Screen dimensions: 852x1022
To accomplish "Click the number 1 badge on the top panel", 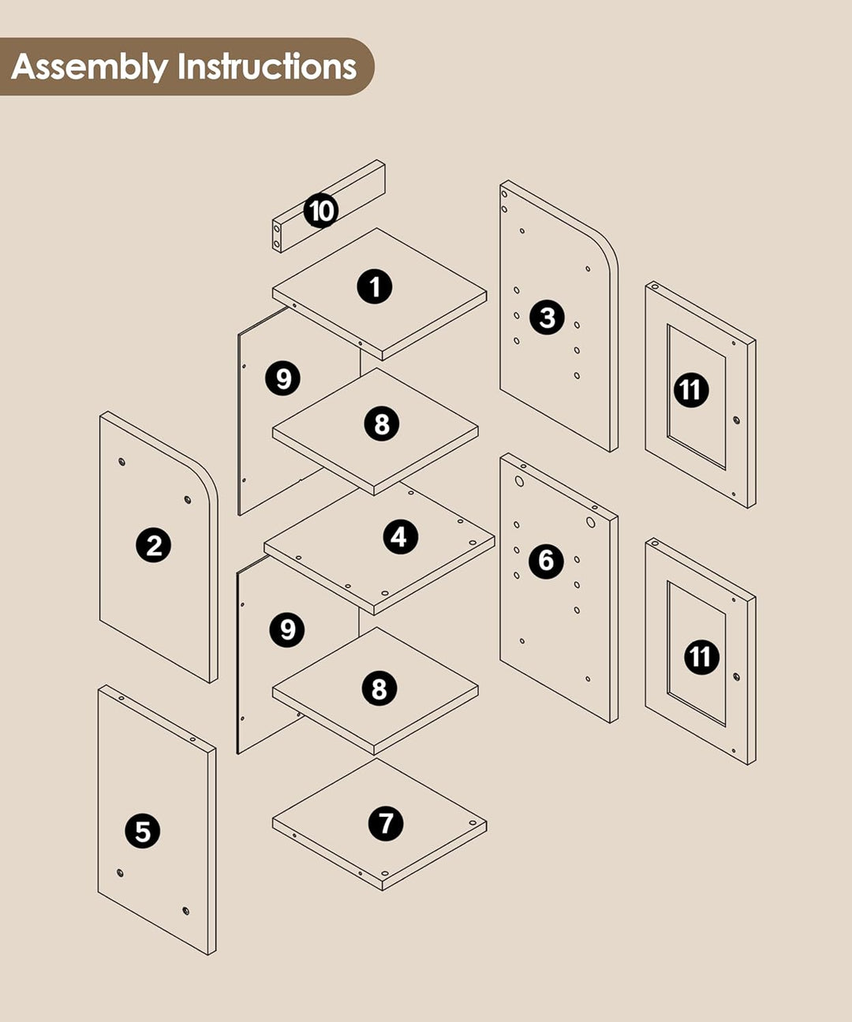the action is pyautogui.click(x=375, y=286).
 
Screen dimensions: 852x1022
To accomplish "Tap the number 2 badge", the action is pyautogui.click(x=153, y=545).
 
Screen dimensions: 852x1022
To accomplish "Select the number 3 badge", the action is pyautogui.click(x=547, y=317).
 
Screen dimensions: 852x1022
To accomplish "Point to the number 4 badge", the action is pyautogui.click(x=400, y=537).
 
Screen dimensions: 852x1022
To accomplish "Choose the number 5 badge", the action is pyautogui.click(x=143, y=830).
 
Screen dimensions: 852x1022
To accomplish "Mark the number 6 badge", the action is pyautogui.click(x=547, y=561).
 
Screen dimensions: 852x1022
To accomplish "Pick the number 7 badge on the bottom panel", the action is pyautogui.click(x=386, y=824).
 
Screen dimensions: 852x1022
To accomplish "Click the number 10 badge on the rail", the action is pyautogui.click(x=321, y=211).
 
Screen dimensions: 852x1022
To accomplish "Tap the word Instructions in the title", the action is pyautogui.click(x=267, y=66).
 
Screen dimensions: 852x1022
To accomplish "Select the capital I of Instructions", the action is pyautogui.click(x=181, y=66).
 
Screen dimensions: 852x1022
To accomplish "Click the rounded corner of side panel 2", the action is pyautogui.click(x=206, y=482).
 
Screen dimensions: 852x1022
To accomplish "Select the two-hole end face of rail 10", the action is pyautogui.click(x=277, y=237).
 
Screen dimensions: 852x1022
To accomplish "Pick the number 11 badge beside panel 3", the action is pyautogui.click(x=691, y=390).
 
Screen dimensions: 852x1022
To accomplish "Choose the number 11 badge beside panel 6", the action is pyautogui.click(x=701, y=657).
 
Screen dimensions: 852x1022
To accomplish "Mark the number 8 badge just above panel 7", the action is pyautogui.click(x=379, y=688).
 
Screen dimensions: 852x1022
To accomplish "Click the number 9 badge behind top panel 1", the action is pyautogui.click(x=283, y=379).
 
